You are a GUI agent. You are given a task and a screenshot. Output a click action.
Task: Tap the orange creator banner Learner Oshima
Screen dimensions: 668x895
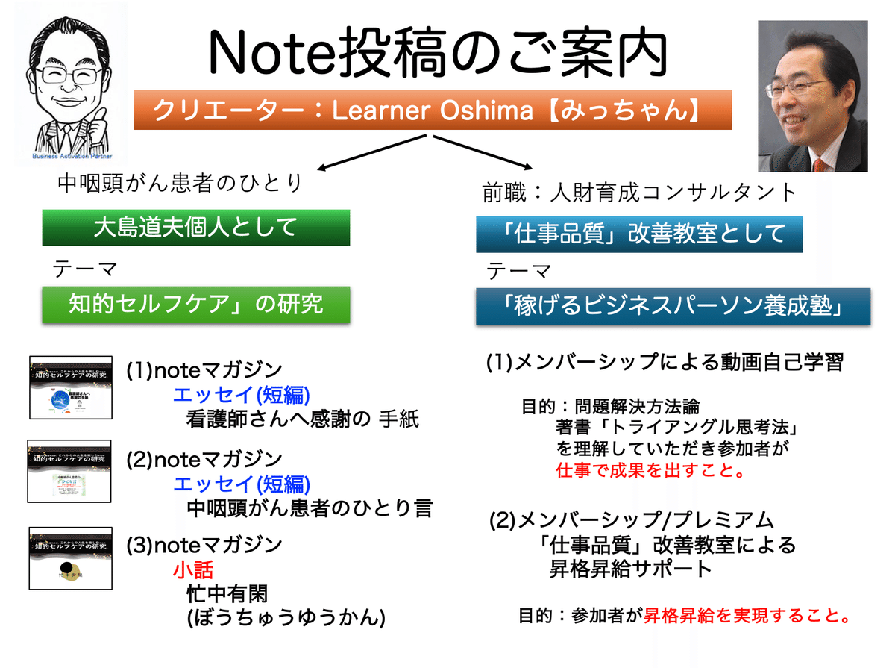point(433,112)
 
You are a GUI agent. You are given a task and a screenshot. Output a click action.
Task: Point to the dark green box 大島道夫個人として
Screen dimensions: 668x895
point(195,228)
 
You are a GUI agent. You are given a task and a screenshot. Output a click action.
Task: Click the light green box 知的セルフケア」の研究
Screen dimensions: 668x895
point(195,305)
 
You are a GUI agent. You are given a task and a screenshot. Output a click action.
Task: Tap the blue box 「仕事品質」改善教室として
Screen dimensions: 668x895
point(639,234)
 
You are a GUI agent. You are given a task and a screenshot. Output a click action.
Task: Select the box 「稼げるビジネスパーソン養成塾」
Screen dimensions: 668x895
point(673,308)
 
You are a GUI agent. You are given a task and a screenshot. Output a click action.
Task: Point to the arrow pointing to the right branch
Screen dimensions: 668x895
point(485,153)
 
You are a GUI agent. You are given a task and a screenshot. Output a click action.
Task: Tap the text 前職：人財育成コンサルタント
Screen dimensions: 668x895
point(640,193)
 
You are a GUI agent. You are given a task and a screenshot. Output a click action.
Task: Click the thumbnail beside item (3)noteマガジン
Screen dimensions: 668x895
point(70,557)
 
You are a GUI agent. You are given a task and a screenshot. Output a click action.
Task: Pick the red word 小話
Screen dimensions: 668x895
point(193,570)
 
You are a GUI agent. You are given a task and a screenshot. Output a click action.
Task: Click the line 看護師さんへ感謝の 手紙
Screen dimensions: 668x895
point(302,419)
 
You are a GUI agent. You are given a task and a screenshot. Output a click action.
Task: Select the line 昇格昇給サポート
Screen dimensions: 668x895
point(629,569)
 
